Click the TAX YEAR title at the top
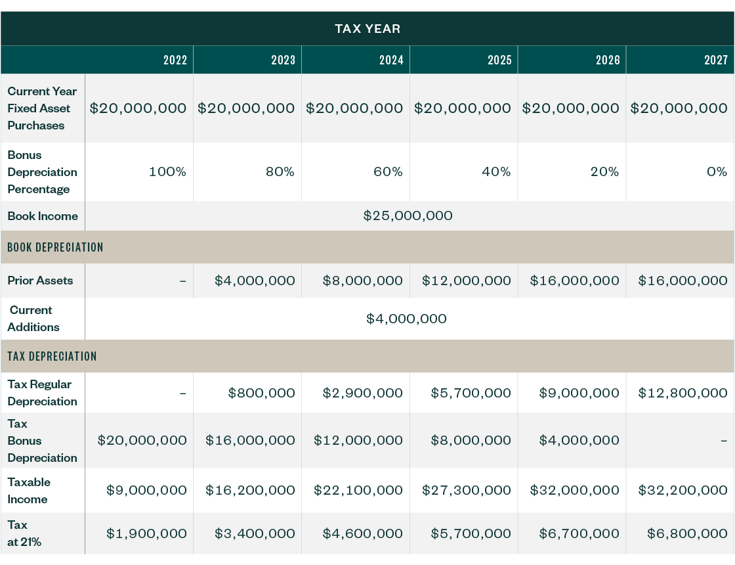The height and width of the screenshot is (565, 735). pyautogui.click(x=367, y=29)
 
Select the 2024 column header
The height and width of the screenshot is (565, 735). pyautogui.click(x=391, y=60)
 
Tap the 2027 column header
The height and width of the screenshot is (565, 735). pyautogui.click(x=716, y=60)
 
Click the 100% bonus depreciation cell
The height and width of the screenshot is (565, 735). pyautogui.click(x=168, y=172)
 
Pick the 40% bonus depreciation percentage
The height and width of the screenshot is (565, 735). pyautogui.click(x=496, y=172)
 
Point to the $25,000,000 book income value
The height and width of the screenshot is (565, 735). pyautogui.click(x=408, y=216)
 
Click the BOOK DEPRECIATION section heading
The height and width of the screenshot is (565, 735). pyautogui.click(x=56, y=248)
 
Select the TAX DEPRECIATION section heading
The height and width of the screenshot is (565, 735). pyautogui.click(x=52, y=357)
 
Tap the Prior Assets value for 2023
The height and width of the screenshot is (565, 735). pyautogui.click(x=255, y=281)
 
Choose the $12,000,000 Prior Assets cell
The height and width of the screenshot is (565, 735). pyautogui.click(x=466, y=281)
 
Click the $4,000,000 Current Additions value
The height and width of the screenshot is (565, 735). pyautogui.click(x=406, y=319)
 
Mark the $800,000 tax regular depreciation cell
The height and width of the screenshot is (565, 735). pyautogui.click(x=261, y=394)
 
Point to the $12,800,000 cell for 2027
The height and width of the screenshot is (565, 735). pyautogui.click(x=682, y=394)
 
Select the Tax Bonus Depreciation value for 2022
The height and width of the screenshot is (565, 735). pyautogui.click(x=142, y=441)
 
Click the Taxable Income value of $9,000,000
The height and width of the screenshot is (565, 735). pyautogui.click(x=146, y=491)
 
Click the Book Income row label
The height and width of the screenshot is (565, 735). pyautogui.click(x=43, y=216)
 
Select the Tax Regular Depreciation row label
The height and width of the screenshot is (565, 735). pyautogui.click(x=42, y=393)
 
